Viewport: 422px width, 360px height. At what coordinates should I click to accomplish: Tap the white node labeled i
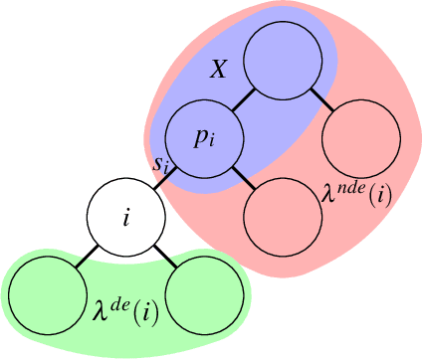[125, 217]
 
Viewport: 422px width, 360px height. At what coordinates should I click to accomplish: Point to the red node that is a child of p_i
[281, 217]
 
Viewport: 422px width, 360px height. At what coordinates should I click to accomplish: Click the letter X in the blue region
[221, 71]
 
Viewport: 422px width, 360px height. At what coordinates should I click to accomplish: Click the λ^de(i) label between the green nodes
[125, 305]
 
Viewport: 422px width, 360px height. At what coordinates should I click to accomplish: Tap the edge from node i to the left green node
[87, 257]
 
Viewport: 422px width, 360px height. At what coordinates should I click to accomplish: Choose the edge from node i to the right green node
[164, 257]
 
